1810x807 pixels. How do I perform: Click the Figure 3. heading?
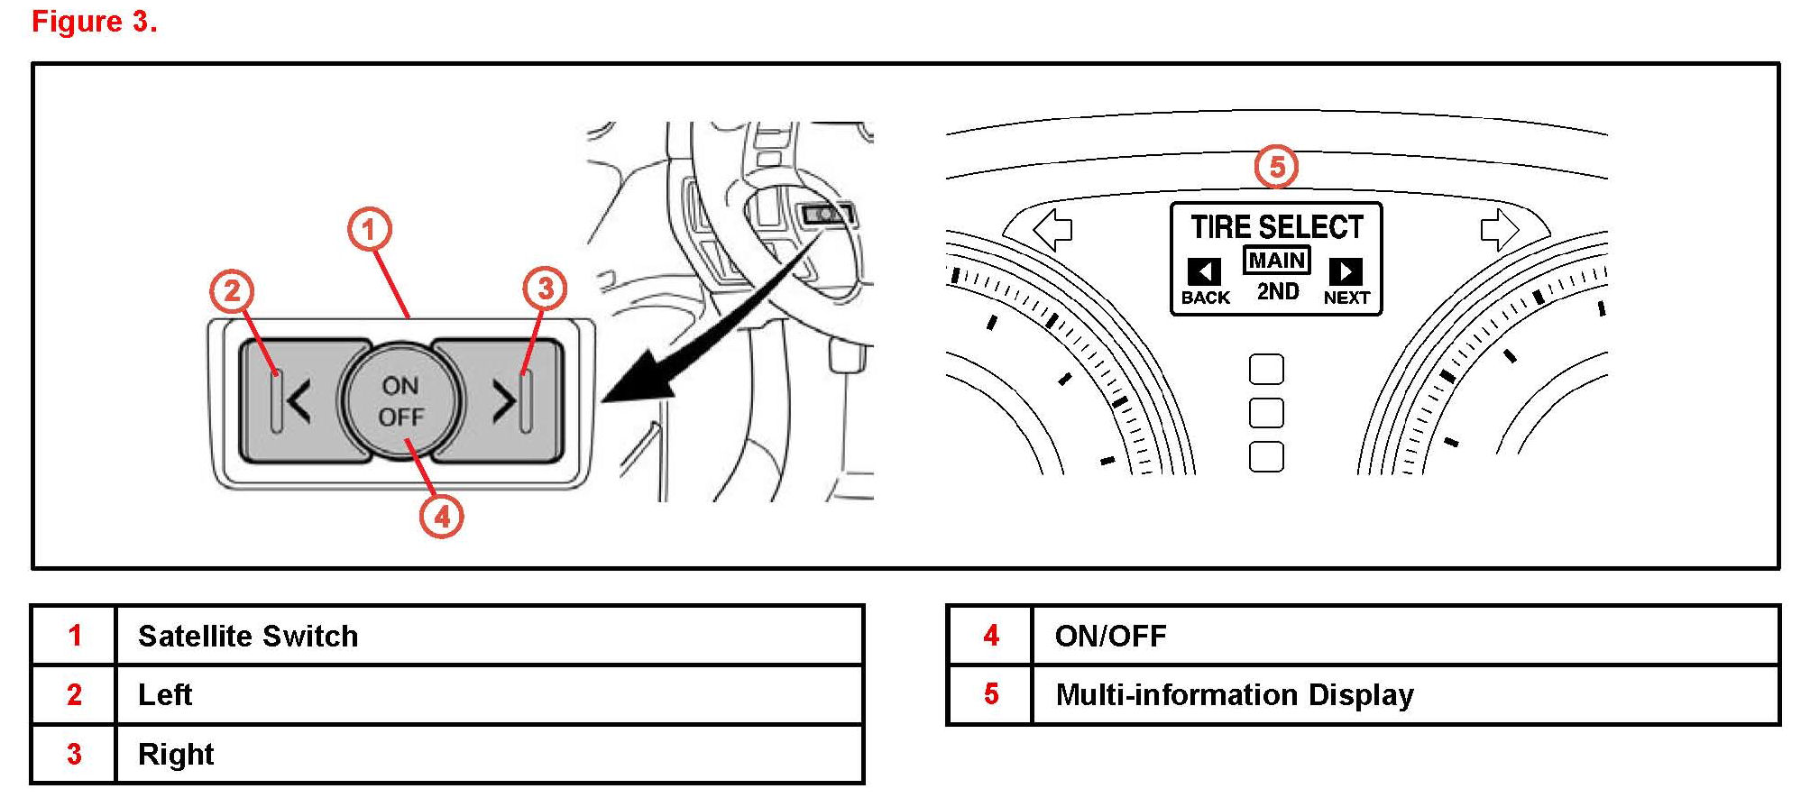(95, 22)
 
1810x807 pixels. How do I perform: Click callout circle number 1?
(370, 230)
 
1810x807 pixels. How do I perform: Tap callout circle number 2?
(232, 290)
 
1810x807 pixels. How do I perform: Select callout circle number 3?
(545, 289)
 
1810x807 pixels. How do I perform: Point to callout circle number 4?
(441, 517)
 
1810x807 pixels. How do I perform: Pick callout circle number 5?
(1276, 167)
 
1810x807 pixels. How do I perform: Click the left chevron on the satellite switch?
(299, 401)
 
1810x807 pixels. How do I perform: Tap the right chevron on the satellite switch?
(503, 400)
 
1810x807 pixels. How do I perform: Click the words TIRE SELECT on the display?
(1276, 226)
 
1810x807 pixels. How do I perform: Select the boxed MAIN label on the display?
(1276, 261)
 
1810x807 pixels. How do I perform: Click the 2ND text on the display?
(1277, 291)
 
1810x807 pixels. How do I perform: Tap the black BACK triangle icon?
(1204, 271)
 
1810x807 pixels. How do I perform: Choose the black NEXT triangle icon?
(1346, 271)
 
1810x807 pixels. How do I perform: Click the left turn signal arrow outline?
(1052, 230)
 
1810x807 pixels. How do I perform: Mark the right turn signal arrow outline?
(1499, 229)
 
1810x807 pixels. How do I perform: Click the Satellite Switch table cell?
(487, 636)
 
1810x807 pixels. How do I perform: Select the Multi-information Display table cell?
(1403, 694)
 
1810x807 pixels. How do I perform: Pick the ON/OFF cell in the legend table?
(1403, 636)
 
